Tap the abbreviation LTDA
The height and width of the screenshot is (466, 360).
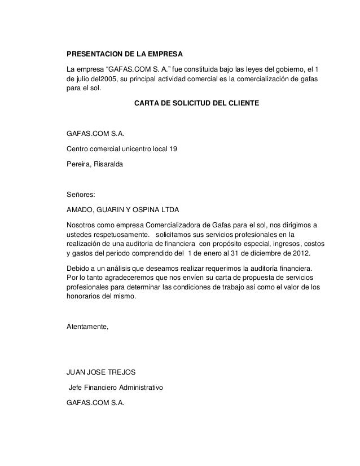tap(170, 210)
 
